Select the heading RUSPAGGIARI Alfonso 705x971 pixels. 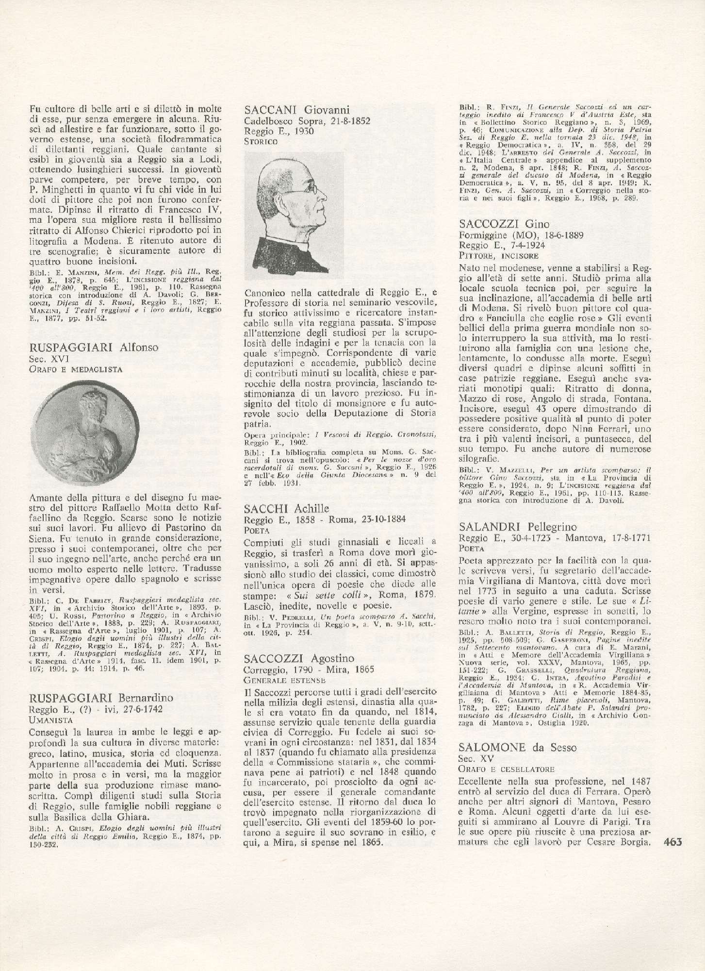[94, 348]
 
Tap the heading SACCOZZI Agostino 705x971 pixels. [299, 658]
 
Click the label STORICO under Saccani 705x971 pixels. [261, 142]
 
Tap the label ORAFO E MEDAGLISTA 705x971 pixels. [76, 369]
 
